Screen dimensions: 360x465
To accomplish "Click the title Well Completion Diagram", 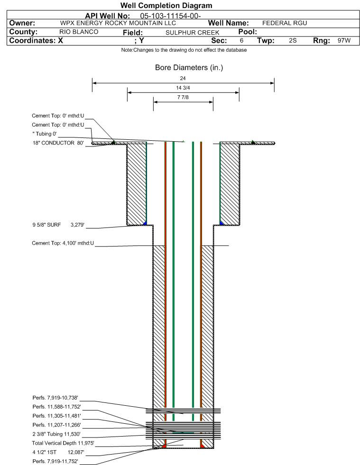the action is coord(166,6).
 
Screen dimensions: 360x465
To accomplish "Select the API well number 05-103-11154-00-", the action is coord(170,16).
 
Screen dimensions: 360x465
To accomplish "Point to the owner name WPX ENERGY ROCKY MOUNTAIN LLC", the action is coord(118,23).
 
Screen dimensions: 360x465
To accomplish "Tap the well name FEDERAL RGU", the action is coord(285,23).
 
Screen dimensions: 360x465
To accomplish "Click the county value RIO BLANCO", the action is coord(79,32).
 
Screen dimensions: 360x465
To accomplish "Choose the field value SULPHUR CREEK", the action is coord(192,33).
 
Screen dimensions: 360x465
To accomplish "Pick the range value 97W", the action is coord(344,40).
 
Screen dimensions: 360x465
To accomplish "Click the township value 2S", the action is coord(293,40).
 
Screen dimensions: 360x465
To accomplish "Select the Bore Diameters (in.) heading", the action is coord(189,68).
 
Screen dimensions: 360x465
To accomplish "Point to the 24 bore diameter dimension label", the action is coord(183,78).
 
